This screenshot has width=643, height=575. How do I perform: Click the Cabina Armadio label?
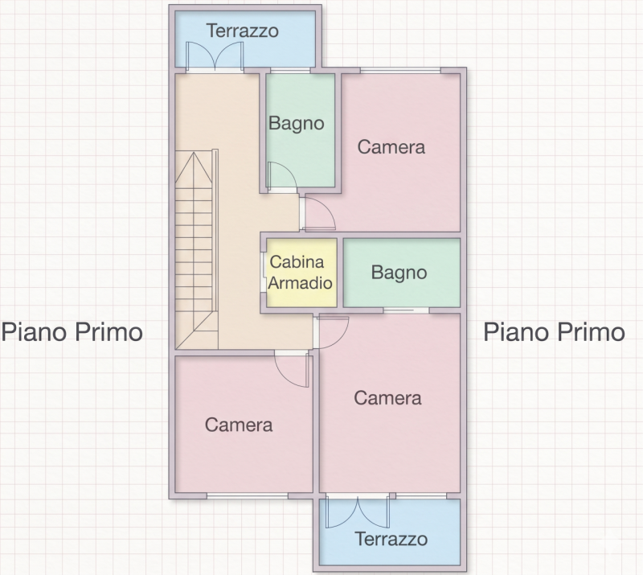[300, 273]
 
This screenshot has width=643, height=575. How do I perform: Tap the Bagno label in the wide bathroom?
[399, 273]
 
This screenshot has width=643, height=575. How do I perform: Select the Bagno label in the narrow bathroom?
[297, 124]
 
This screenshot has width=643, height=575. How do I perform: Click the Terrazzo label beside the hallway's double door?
[243, 31]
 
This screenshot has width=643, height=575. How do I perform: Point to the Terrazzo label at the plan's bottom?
[391, 539]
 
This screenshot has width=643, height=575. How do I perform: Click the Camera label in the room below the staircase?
[239, 425]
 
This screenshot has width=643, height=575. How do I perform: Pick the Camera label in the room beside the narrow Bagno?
[391, 147]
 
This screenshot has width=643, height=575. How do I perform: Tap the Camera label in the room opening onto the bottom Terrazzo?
[387, 398]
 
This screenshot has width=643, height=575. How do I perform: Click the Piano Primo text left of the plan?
[72, 332]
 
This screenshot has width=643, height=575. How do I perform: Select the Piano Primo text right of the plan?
[555, 332]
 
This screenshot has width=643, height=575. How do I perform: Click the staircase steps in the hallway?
[196, 249]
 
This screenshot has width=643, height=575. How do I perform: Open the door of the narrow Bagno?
[282, 176]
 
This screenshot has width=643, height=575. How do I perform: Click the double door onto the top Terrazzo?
[215, 56]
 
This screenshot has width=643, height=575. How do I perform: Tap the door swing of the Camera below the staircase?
[292, 369]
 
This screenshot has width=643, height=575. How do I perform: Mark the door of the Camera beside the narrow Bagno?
[318, 213]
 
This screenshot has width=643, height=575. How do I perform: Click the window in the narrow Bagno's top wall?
[290, 71]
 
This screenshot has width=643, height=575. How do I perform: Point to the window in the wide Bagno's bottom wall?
[406, 310]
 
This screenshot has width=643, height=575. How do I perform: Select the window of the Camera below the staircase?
[248, 496]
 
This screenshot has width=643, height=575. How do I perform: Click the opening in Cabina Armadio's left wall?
[264, 272]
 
